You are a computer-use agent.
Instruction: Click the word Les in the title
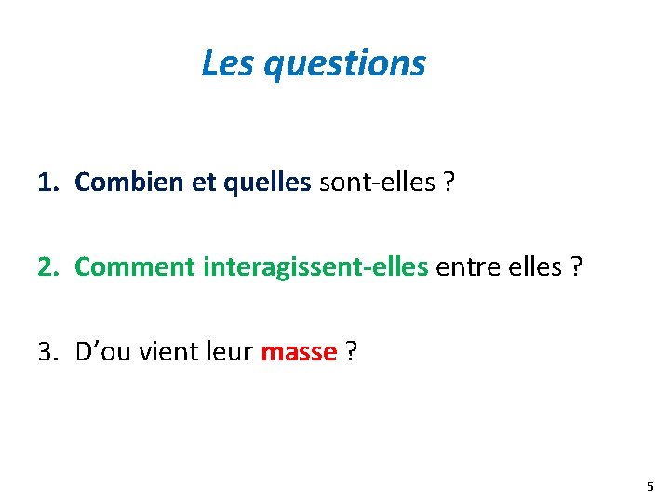pos(229,63)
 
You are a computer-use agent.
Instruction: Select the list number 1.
pos(47,183)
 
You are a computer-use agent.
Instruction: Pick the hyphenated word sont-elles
pos(377,183)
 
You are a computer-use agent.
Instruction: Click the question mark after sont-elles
pos(449,183)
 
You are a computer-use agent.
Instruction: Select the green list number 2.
pos(47,266)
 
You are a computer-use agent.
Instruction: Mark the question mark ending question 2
pos(577,266)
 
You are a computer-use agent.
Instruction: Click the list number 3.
pos(47,352)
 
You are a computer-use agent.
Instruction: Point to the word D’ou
pos(99,352)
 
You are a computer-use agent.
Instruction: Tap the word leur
pos(229,352)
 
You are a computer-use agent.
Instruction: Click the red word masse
pos(299,352)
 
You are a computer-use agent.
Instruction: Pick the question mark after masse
pos(352,352)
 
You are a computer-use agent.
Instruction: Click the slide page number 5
pos(650,485)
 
